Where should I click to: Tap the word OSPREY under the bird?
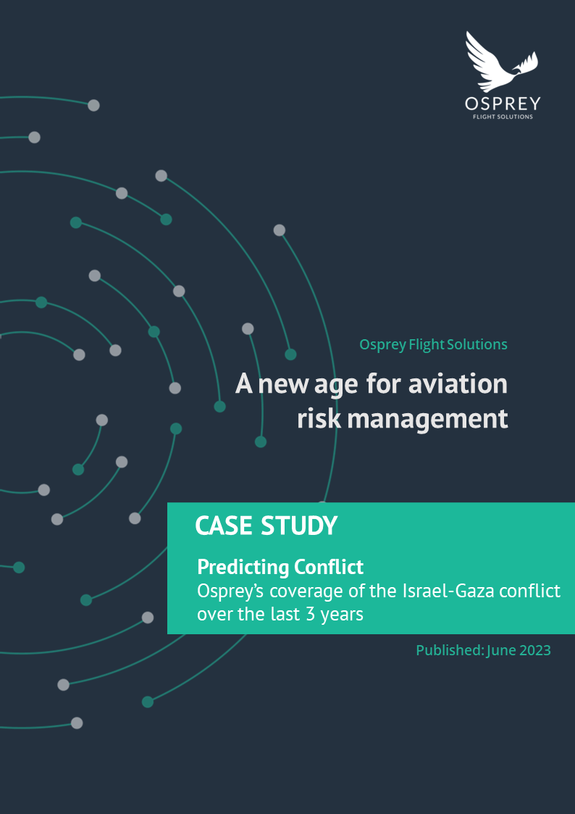point(502,104)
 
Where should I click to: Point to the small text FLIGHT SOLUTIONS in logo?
point(502,117)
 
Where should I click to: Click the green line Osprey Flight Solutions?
point(433,344)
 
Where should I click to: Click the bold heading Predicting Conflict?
point(280,566)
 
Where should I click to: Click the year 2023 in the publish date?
point(535,650)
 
